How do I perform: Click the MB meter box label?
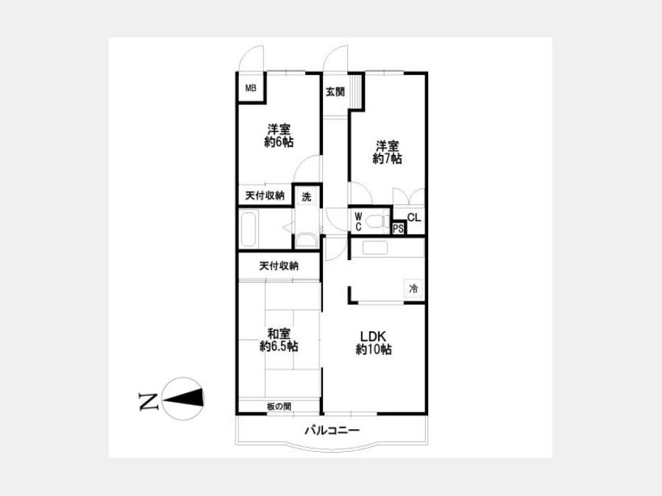pyautogui.click(x=251, y=89)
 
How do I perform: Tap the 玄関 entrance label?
pyautogui.click(x=335, y=92)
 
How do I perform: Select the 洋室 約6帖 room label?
pyautogui.click(x=279, y=135)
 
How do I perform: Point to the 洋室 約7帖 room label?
pyautogui.click(x=387, y=152)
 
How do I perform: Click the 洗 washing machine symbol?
pyautogui.click(x=307, y=196)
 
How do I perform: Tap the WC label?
pyautogui.click(x=358, y=222)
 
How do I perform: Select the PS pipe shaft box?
pyautogui.click(x=398, y=229)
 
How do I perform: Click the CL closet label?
pyautogui.click(x=413, y=218)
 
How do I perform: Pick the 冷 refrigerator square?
pyautogui.click(x=413, y=289)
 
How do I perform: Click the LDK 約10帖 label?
pyautogui.click(x=374, y=343)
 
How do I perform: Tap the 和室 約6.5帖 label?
pyautogui.click(x=279, y=340)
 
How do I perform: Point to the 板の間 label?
pyautogui.click(x=279, y=406)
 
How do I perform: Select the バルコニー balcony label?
pyautogui.click(x=332, y=431)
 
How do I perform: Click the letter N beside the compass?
pyautogui.click(x=148, y=401)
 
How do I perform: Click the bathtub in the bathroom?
pyautogui.click(x=248, y=229)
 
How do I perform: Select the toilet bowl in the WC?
pyautogui.click(x=377, y=221)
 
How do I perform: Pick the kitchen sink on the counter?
pyautogui.click(x=375, y=248)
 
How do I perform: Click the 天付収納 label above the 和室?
pyautogui.click(x=279, y=266)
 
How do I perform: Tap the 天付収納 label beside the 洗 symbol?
pyautogui.click(x=265, y=195)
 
